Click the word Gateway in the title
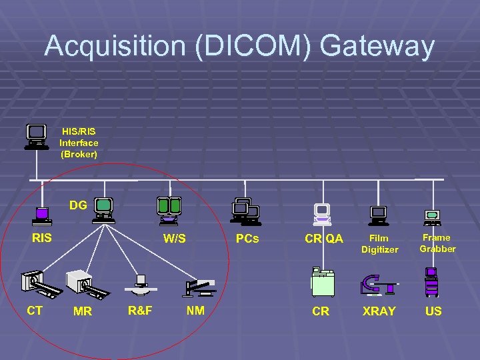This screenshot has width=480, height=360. coord(378,47)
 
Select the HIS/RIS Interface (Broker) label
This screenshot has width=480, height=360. coord(79,143)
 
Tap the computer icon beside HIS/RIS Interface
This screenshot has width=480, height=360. coord(37,137)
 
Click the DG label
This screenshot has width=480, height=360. coord(78,205)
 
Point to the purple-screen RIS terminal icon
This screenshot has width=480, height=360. coord(43,215)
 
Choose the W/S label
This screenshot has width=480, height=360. coord(175,239)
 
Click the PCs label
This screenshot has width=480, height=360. coord(247,239)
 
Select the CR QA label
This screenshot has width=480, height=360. coord(324,239)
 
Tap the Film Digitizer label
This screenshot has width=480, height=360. coord(379,243)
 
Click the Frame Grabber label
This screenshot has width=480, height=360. coord(437,243)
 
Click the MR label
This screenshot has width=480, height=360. coord(83,311)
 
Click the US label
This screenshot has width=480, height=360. coord(433,311)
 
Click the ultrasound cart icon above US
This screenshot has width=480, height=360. coord(432,281)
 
